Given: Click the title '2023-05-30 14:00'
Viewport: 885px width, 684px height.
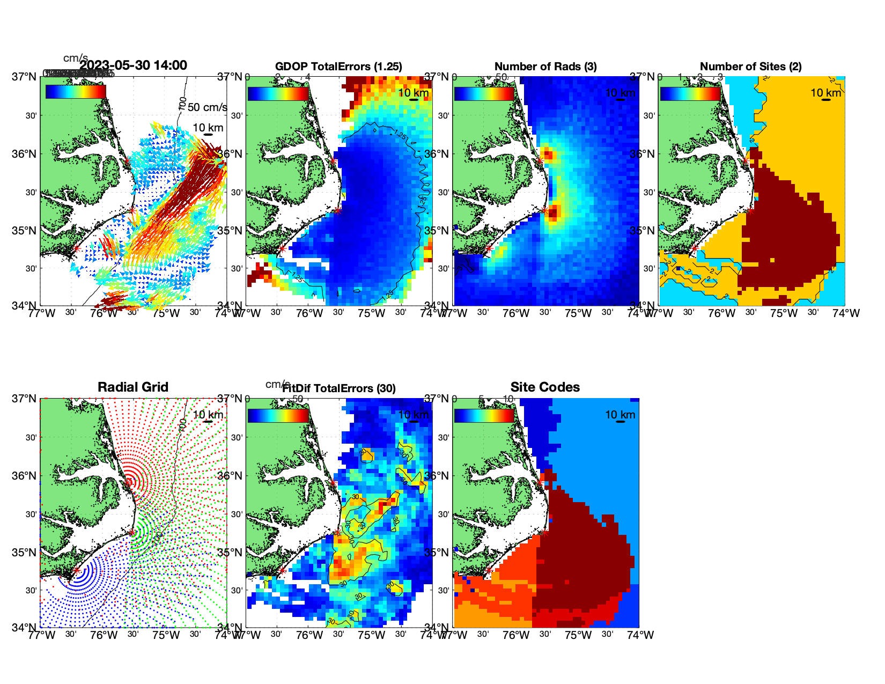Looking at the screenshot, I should click(x=133, y=65).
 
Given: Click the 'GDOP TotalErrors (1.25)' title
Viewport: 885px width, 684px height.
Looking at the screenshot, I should click(x=338, y=67).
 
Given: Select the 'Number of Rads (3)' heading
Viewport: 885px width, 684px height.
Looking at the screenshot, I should click(x=545, y=67).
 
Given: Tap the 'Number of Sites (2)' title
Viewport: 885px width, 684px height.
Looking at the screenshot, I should click(x=750, y=67).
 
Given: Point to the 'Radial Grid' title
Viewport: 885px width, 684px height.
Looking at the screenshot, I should click(x=133, y=387).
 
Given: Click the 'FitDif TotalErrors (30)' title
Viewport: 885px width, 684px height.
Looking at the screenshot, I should click(x=339, y=388).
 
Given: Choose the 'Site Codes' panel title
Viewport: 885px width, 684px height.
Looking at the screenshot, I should click(x=545, y=387).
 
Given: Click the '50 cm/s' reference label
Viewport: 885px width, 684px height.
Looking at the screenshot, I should click(x=207, y=107).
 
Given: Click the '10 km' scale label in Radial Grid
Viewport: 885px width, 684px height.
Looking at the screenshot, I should click(x=208, y=415).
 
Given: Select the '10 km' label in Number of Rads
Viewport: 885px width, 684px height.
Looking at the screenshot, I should click(x=620, y=93).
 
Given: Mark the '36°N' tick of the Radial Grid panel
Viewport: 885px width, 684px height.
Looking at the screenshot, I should click(x=25, y=476).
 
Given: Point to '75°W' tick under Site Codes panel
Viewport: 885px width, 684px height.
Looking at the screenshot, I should click(x=578, y=635).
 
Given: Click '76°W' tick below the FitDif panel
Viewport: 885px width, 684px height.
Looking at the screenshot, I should click(x=309, y=635).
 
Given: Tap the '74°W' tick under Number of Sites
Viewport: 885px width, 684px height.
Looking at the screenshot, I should click(x=846, y=313).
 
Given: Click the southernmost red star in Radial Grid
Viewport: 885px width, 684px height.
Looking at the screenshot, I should click(x=76, y=571).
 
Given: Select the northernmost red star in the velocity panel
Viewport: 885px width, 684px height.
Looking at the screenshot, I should click(x=127, y=161).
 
